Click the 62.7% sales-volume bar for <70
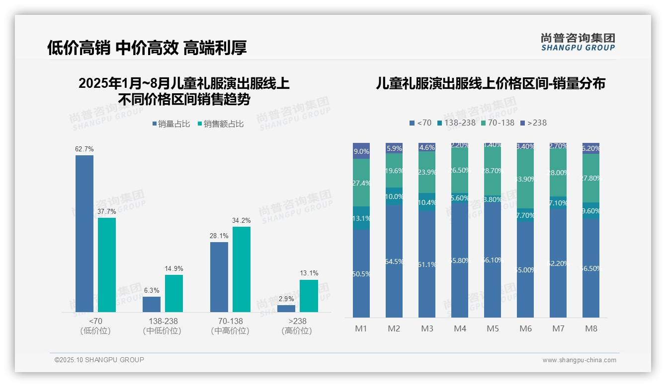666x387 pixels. pos(84,233)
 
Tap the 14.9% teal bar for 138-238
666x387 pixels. pos(174,293)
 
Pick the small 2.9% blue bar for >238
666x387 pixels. pos(286,309)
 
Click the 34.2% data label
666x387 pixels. pos(241,220)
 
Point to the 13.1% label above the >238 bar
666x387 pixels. pos(309,273)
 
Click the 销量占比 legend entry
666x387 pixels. pos(171,124)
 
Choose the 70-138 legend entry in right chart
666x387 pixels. pos(498,123)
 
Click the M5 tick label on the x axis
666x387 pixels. pos(493,328)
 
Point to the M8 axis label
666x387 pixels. pos(591,328)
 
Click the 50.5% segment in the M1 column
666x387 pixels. pos(361,273)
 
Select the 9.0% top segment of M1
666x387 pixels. pos(361,151)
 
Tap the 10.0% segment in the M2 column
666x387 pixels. pos(394,196)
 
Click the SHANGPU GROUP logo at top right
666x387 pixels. pos(578,42)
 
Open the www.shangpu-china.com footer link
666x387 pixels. pos(579,360)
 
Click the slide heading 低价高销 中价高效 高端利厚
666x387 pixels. pos(147,48)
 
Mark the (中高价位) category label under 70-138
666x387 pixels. pos(230,331)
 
